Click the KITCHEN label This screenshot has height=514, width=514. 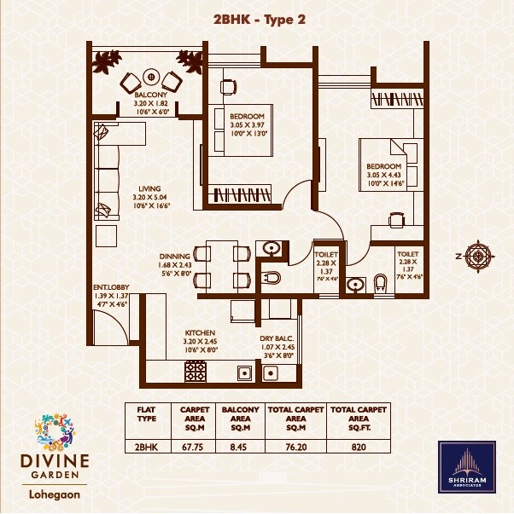[x=200, y=332]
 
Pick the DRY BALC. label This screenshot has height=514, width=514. [x=277, y=338]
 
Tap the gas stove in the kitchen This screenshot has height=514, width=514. [x=196, y=371]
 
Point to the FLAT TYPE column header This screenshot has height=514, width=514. [x=147, y=413]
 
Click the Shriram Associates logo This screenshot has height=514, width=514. [x=466, y=468]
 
